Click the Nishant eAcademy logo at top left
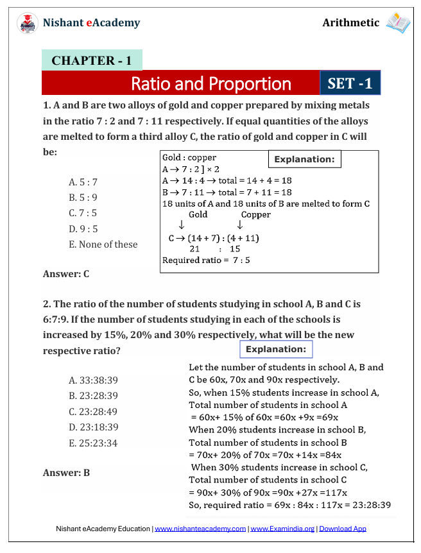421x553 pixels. click(x=27, y=23)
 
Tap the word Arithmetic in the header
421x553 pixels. click(x=350, y=23)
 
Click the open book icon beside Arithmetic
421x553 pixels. click(x=398, y=23)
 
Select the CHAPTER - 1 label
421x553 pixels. click(x=91, y=61)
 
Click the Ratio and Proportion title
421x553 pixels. click(x=210, y=83)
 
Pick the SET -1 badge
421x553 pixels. click(x=350, y=83)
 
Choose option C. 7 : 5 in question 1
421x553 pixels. click(x=83, y=213)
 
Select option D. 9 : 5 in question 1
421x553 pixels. click(x=83, y=228)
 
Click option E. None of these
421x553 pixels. click(x=103, y=244)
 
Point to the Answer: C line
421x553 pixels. click(x=66, y=274)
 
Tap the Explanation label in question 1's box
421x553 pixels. click(x=304, y=159)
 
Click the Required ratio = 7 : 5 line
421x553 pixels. click(x=206, y=260)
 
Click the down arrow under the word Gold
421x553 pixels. click(x=182, y=225)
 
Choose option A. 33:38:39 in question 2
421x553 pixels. click(x=93, y=380)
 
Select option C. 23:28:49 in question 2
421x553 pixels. click(x=93, y=412)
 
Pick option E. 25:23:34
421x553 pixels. click(x=93, y=443)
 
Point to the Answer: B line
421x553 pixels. click(x=66, y=473)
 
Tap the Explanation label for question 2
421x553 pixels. click(x=276, y=350)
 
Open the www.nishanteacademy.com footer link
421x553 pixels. click(x=200, y=529)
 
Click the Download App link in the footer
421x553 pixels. click(x=343, y=529)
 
